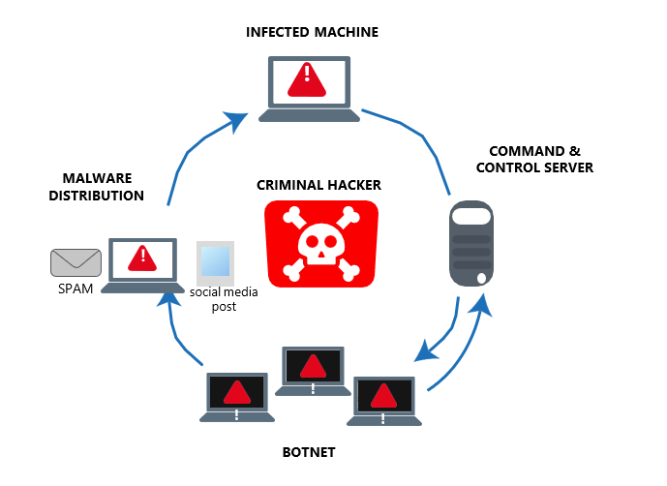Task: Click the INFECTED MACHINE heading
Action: [312, 32]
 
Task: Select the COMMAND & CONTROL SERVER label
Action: [540, 160]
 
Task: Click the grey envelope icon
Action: [76, 261]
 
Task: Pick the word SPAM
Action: [75, 289]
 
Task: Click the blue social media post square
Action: [215, 261]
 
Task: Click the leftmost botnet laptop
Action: [237, 397]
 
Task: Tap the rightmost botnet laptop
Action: [384, 400]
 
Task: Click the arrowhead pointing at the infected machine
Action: [235, 120]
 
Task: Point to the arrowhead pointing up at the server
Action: [482, 302]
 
